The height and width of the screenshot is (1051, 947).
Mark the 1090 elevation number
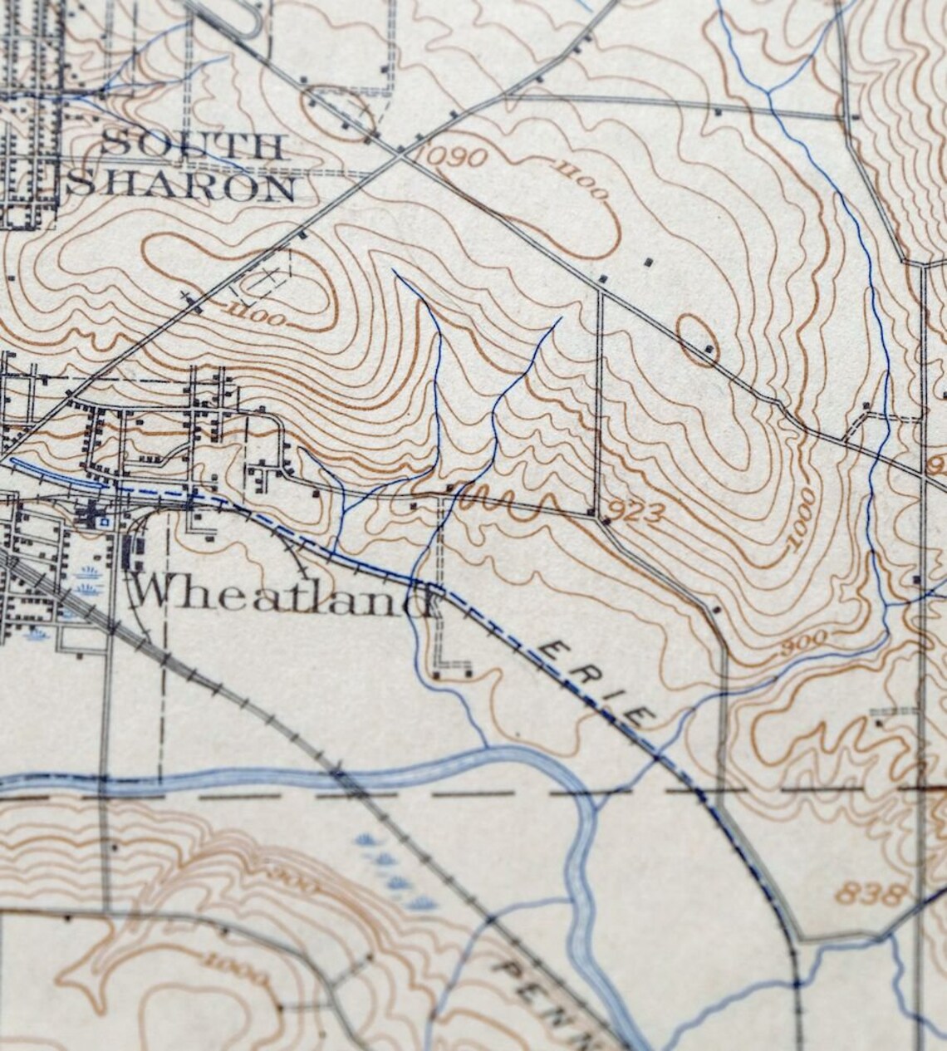(452, 155)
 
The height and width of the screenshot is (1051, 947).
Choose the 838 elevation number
(869, 894)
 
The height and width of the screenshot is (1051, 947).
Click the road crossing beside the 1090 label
(401, 151)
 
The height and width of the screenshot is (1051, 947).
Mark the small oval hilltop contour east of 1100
(696, 339)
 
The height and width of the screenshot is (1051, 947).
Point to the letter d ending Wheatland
(419, 597)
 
